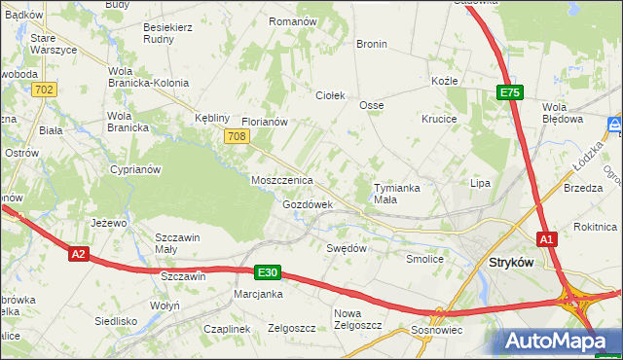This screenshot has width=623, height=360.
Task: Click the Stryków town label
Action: (x=513, y=262)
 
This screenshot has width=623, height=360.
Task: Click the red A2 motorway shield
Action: (x=80, y=254)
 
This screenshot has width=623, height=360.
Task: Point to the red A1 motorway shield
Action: (x=547, y=239)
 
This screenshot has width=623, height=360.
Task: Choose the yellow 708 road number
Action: (x=235, y=137)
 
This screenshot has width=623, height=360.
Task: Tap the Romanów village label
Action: (x=293, y=20)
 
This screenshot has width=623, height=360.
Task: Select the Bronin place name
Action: (x=371, y=44)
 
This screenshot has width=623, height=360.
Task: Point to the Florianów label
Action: (x=264, y=123)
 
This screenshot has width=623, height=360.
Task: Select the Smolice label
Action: (x=424, y=260)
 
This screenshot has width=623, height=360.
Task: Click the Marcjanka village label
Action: (x=258, y=294)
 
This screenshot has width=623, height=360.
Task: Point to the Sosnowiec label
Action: (x=439, y=330)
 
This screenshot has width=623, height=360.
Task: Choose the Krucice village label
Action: (x=440, y=119)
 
